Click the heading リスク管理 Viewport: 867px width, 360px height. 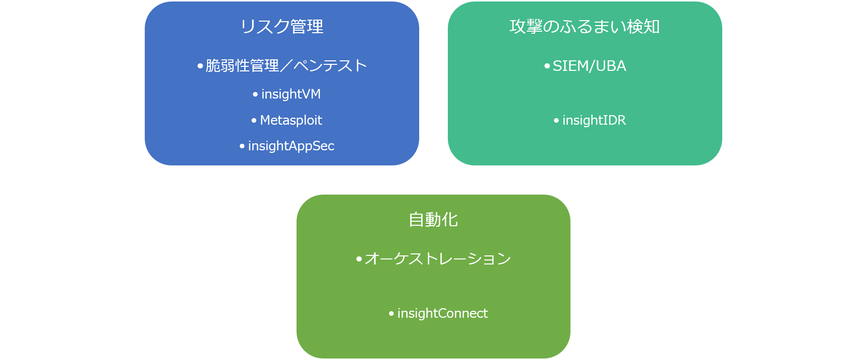[282, 27]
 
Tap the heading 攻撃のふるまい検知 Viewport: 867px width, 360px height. [585, 27]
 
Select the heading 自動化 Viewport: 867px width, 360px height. [433, 220]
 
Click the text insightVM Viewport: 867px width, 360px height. [291, 94]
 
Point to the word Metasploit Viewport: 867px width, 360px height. [291, 120]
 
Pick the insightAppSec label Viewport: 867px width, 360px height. [291, 146]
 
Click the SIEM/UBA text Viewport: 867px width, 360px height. [589, 66]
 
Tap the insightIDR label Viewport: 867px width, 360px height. [594, 120]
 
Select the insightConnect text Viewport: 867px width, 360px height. [442, 313]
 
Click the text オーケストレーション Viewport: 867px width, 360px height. [438, 258]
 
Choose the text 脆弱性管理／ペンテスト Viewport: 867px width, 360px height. [286, 66]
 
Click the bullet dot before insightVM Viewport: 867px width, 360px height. [255, 94]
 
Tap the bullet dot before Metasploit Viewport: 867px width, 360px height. [254, 120]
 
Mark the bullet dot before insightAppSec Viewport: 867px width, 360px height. [242, 146]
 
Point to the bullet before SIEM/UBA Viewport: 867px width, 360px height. [547, 66]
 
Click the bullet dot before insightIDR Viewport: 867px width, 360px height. [556, 120]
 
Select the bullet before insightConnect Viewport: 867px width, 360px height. [392, 313]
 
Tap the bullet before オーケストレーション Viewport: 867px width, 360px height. [359, 259]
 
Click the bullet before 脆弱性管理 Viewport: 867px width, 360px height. [201, 66]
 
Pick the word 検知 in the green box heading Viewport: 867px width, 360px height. [643, 27]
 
